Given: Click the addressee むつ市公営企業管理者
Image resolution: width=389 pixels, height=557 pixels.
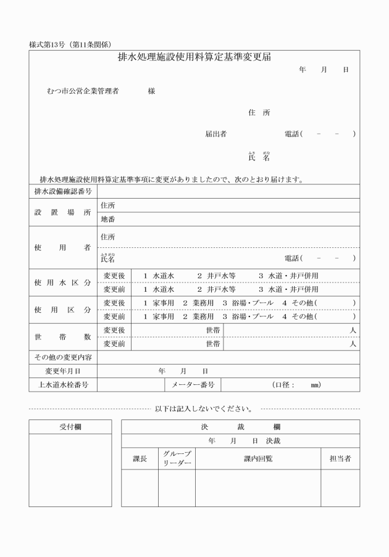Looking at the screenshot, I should [x=82, y=91].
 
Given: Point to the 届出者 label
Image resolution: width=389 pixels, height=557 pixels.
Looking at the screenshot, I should [x=215, y=133].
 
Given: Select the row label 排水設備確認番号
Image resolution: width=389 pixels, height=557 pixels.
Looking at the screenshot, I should [x=62, y=192].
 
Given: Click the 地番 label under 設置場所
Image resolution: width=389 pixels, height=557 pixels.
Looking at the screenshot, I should [x=107, y=219].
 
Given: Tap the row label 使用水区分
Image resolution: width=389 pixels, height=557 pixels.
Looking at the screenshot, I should [x=62, y=282].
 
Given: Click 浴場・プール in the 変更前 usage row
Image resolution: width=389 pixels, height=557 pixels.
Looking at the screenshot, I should [x=248, y=316].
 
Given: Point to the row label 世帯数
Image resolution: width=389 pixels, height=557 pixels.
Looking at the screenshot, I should [x=62, y=337].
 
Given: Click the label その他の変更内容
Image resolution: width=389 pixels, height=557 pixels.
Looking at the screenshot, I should [x=62, y=357].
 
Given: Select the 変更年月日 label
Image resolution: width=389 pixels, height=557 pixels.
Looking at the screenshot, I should [x=62, y=371].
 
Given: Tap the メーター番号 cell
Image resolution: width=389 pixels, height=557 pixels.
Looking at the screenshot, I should [x=192, y=385].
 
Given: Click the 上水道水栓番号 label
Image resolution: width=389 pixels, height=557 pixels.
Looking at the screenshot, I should [x=62, y=385].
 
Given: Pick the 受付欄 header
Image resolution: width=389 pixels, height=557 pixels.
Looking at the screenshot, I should [x=70, y=427].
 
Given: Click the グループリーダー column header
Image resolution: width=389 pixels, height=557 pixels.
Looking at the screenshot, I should [x=177, y=458].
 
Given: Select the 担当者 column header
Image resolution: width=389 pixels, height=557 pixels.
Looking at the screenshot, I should [x=340, y=458].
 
